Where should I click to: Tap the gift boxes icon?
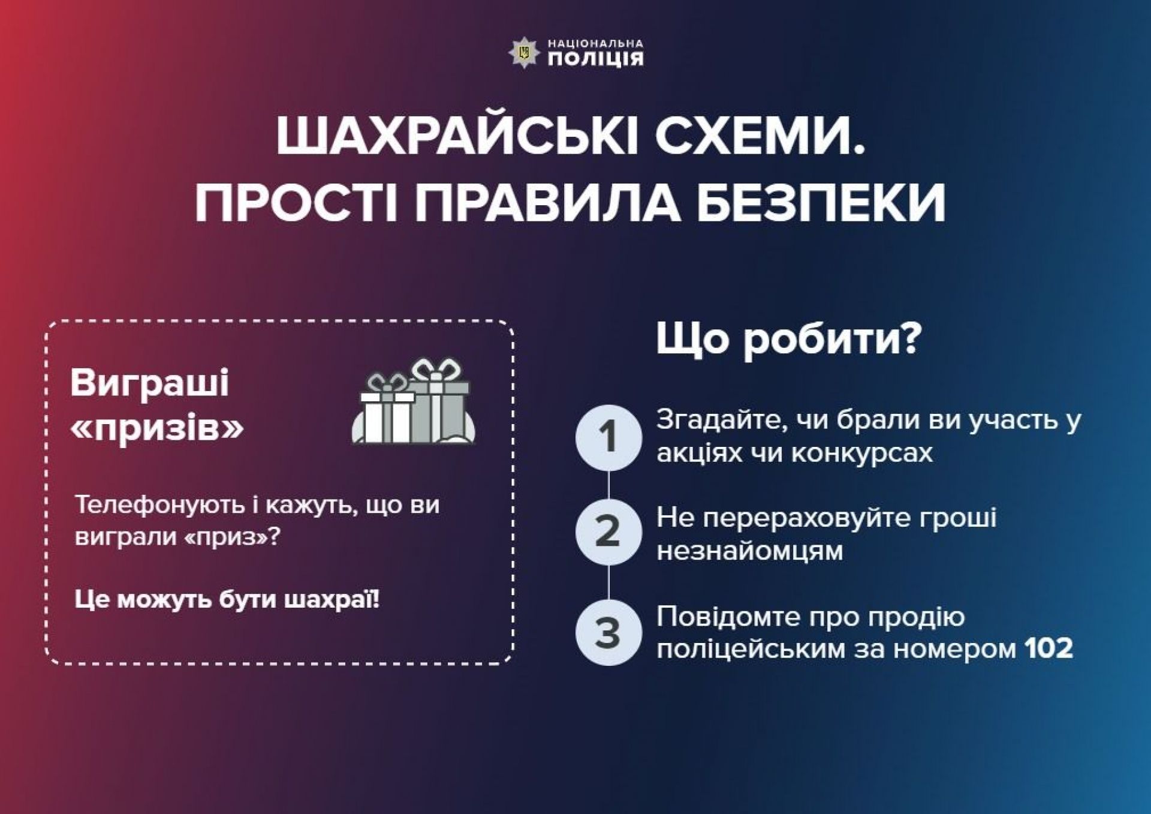pyautogui.click(x=413, y=401)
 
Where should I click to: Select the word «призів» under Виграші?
pyautogui.click(x=156, y=427)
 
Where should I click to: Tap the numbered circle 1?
pyautogui.click(x=608, y=437)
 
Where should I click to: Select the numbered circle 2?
pyautogui.click(x=608, y=532)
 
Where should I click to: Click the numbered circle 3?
pyautogui.click(x=608, y=632)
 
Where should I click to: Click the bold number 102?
pyautogui.click(x=1048, y=648)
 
